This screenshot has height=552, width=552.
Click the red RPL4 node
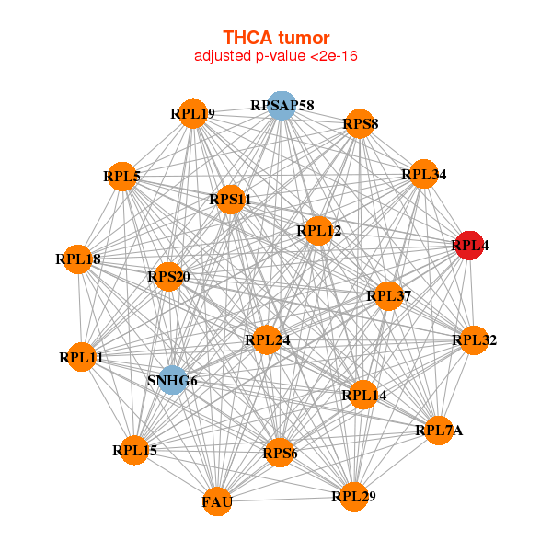469,246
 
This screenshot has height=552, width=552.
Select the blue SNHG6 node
172,380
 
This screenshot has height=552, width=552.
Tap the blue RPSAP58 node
282,106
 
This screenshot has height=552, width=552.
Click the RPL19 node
192,114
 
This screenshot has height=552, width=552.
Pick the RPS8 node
360,123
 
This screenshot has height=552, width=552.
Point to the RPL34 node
422,174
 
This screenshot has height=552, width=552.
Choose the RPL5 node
121,176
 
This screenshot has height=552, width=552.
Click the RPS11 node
230,199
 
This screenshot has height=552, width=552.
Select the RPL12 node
318,231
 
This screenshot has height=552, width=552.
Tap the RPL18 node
78,259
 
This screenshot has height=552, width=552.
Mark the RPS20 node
168,276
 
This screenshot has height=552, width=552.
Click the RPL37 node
387,295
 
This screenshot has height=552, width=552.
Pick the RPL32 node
473,340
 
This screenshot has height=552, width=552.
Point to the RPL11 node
81,357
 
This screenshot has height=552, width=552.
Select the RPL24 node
267,340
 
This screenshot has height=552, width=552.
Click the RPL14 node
363,396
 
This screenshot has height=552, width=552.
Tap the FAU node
217,501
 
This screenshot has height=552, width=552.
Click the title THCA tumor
276,38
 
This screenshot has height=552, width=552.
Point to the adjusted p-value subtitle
276,56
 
